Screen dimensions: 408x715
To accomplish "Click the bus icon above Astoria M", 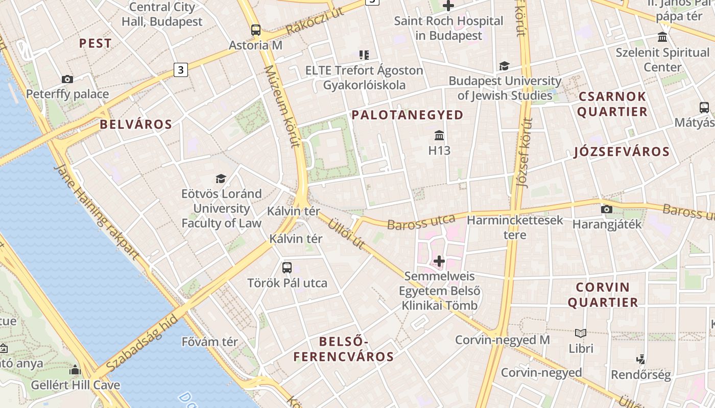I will click(x=256, y=30).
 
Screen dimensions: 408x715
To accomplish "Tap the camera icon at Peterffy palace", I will click(x=67, y=79).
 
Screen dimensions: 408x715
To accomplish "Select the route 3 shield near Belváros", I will click(x=180, y=69).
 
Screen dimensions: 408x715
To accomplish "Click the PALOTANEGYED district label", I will click(x=407, y=115).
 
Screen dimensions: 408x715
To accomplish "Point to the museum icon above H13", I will click(x=439, y=136).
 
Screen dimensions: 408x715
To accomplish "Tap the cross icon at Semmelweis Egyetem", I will click(x=439, y=261).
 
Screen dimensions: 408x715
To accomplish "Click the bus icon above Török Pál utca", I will click(x=287, y=267).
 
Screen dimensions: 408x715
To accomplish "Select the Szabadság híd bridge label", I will click(x=142, y=344).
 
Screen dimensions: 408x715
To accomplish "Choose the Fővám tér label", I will click(x=210, y=342).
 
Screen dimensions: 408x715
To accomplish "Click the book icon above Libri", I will click(x=581, y=334).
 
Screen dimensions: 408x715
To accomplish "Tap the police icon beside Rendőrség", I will click(x=641, y=360).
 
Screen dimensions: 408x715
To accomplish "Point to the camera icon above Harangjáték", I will click(x=606, y=209).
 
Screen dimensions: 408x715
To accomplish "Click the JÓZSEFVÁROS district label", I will click(x=622, y=151).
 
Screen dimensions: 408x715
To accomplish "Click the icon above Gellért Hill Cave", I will click(x=76, y=370).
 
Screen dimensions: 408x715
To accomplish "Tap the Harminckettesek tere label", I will click(x=515, y=227).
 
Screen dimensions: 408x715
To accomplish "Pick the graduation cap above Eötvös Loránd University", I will click(x=221, y=178).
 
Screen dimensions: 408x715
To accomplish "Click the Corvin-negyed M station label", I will click(x=502, y=340).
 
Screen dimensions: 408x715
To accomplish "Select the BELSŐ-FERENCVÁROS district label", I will click(x=344, y=349).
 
